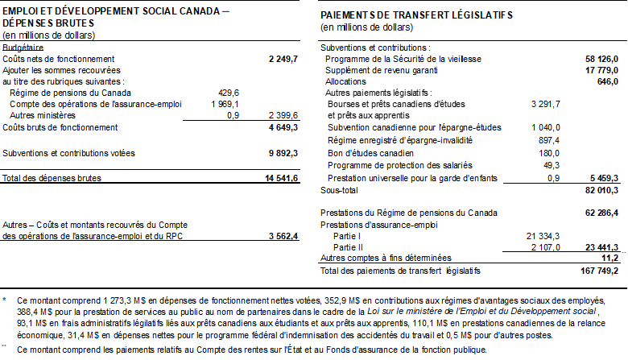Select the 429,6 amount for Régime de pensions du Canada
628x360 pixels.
229,93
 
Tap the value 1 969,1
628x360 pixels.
225,104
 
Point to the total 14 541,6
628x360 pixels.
283,177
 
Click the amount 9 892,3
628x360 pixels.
283,152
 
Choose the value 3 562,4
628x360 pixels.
283,236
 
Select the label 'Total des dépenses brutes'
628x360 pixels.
47,177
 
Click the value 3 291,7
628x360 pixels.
546,104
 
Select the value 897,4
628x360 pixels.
548,140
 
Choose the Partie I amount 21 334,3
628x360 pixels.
543,234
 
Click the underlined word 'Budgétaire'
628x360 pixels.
23,48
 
